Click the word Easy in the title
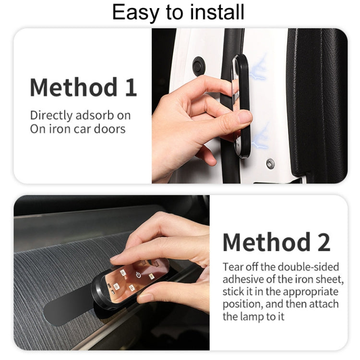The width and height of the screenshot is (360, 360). [135, 13]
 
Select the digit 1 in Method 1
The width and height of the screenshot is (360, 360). [131, 87]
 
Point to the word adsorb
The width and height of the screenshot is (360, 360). [95, 115]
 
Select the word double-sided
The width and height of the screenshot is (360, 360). [308, 267]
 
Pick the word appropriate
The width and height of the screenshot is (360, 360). [311, 292]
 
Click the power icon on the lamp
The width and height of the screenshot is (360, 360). [138, 275]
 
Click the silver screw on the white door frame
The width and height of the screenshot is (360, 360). [270, 164]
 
